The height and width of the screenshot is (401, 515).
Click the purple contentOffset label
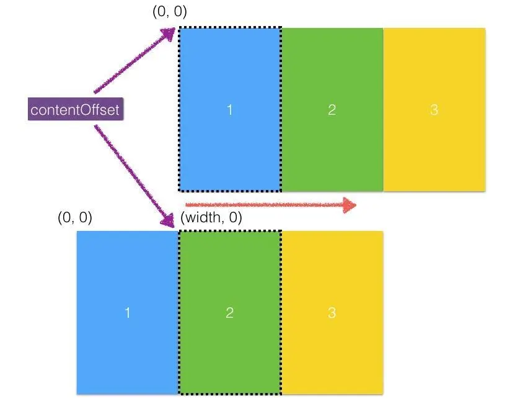pos(74,110)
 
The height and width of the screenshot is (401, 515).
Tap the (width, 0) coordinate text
pos(211,218)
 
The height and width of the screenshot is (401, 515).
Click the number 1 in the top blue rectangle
pos(230,110)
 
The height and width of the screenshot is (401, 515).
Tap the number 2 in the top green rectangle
pos(332,110)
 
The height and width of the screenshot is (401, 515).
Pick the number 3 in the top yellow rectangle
pos(434,110)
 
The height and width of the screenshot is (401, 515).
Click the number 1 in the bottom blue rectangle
pos(128,312)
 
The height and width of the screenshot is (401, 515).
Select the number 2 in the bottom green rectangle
pos(230,312)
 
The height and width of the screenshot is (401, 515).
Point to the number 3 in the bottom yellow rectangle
pos(332,312)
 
